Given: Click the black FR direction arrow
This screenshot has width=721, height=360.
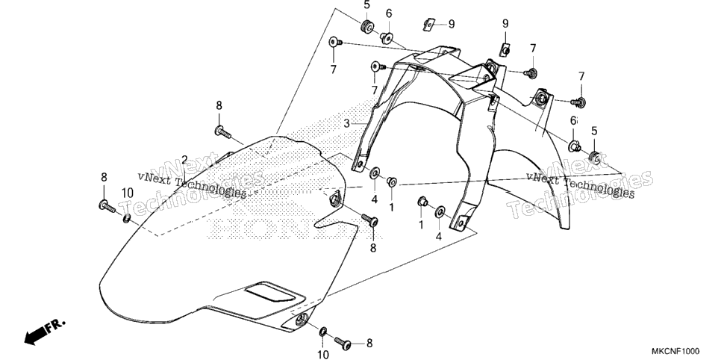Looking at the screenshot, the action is click(45, 332).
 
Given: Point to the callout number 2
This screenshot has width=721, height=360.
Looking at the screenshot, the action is click(184, 160).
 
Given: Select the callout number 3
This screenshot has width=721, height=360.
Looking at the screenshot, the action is click(347, 124).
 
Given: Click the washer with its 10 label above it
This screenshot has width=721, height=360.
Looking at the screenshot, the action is click(126, 218).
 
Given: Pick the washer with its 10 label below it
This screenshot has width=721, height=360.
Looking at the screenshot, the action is click(322, 331).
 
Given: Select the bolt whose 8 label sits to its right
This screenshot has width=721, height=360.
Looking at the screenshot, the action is click(343, 343).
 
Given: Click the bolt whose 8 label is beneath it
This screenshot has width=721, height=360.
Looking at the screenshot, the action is click(369, 220).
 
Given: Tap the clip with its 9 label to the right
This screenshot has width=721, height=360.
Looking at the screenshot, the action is click(429, 24).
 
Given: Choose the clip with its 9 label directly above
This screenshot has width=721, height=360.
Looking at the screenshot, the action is click(505, 50).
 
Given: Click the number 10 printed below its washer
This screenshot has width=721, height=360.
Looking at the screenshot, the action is click(323, 354).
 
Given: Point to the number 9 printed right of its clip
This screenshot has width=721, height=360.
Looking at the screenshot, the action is click(452, 24).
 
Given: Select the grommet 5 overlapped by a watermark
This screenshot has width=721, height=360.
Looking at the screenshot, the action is click(594, 157).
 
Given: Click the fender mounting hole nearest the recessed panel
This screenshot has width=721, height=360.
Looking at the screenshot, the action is click(302, 320).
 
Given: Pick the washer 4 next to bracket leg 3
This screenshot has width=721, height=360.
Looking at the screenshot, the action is click(375, 173).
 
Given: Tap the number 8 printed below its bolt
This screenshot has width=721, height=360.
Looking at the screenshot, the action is click(373, 248).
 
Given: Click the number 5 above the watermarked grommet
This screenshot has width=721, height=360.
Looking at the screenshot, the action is click(594, 131).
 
